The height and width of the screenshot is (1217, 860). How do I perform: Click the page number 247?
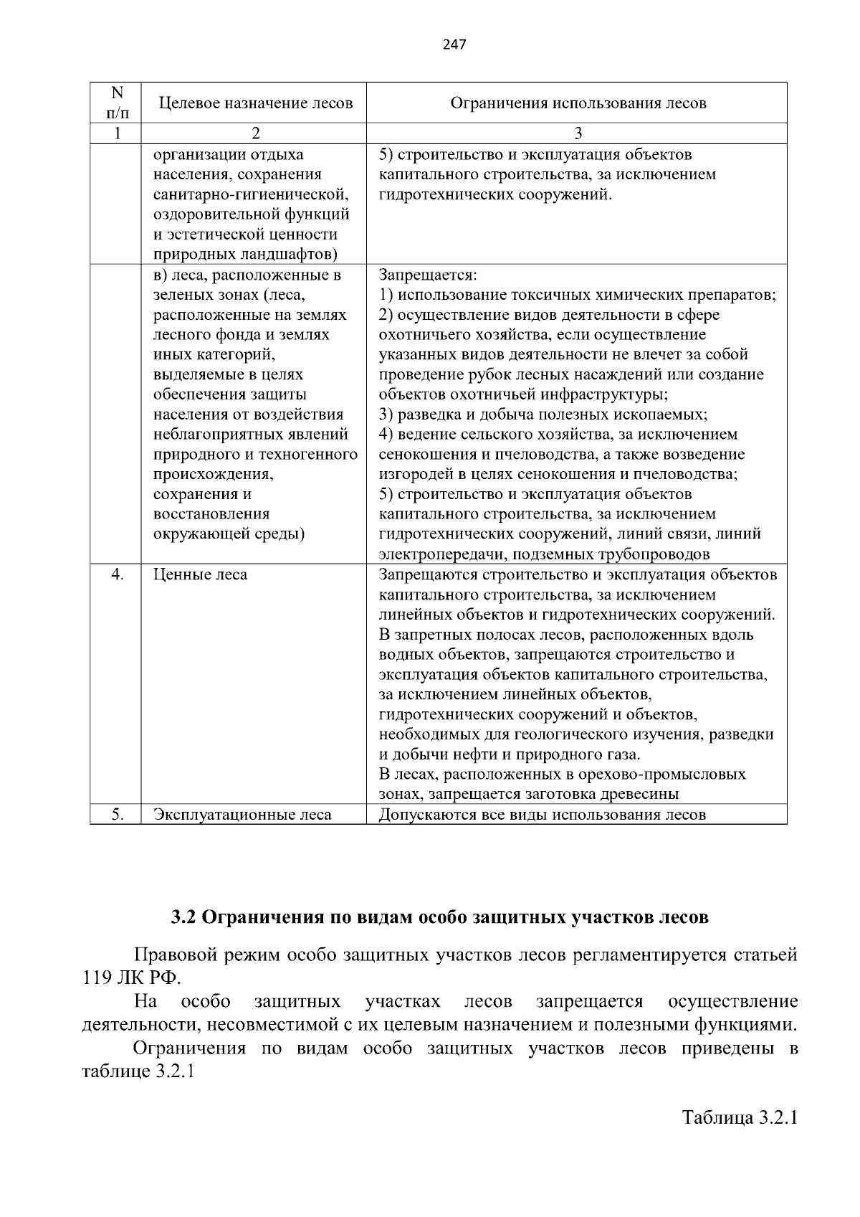click(x=454, y=44)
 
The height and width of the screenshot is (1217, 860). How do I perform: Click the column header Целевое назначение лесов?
click(x=256, y=103)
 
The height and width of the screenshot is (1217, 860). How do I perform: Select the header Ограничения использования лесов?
click(x=578, y=103)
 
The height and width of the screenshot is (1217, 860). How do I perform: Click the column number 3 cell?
click(x=578, y=133)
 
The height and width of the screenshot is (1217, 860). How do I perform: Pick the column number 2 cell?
click(x=256, y=133)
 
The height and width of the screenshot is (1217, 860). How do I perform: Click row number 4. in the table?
click(x=118, y=574)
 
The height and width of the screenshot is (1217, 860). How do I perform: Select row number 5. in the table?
click(x=118, y=815)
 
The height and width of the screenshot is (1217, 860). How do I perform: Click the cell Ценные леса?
click(x=200, y=574)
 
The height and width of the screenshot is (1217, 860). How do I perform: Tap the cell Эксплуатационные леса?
click(x=242, y=815)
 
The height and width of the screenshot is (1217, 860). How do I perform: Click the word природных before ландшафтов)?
click(x=190, y=255)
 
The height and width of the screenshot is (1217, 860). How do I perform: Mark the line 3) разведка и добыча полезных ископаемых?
click(x=543, y=415)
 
